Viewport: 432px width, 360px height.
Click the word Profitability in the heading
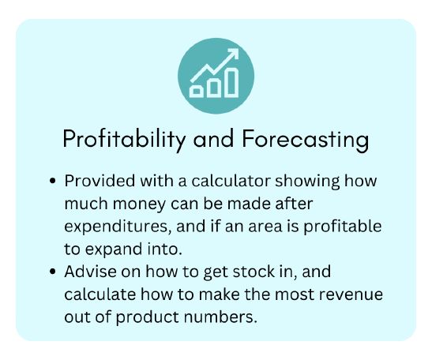[125, 140]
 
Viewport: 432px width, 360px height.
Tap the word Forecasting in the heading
[306, 140]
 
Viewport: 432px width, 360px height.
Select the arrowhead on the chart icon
[233, 54]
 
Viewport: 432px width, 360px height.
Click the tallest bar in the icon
[231, 83]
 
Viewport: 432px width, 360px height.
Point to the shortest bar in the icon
[197, 91]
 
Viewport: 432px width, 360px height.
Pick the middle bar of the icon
[214, 88]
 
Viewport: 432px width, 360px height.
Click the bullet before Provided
[52, 181]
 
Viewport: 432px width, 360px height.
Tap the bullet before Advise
[52, 272]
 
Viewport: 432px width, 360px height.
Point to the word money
[140, 204]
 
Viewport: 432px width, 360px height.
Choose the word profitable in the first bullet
[343, 226]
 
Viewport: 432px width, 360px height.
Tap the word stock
[254, 272]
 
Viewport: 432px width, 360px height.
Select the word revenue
[351, 294]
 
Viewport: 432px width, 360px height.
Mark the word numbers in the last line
[220, 317]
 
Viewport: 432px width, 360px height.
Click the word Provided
[100, 181]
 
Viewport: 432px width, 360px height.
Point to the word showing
[307, 182]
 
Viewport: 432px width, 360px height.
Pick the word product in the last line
[148, 317]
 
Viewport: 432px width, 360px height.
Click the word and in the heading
[214, 140]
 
